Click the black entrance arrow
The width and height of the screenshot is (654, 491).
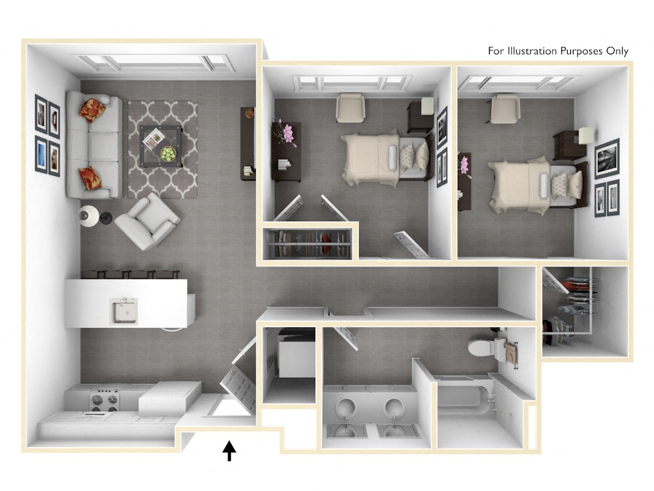point(229,450)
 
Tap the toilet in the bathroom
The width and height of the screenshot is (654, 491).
point(485,346)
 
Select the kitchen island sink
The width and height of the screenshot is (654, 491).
point(124,310)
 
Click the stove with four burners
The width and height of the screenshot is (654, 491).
point(104,400)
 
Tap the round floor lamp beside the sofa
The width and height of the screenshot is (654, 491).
point(88,215)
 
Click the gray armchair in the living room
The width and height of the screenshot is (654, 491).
point(147,221)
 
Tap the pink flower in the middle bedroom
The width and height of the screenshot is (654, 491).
point(286,133)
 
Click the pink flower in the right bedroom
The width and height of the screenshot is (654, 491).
point(465,166)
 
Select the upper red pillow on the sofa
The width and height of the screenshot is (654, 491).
point(92,109)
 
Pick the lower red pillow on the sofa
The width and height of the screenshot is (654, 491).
point(90,178)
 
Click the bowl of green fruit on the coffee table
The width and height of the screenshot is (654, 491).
point(169,155)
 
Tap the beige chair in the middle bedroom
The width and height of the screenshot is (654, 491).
point(351,108)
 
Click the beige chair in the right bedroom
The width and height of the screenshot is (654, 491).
point(505,108)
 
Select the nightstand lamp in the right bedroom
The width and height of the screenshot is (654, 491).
point(585,136)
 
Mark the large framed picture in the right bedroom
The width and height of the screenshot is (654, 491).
point(607,158)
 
